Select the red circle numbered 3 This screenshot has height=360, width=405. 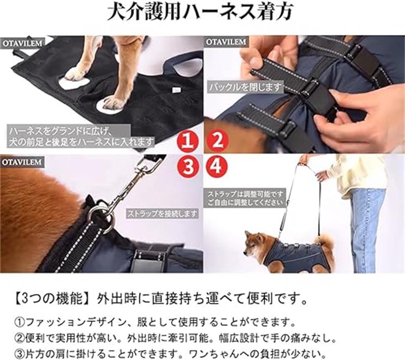coord(188,166)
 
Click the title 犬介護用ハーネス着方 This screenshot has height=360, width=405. coord(200,12)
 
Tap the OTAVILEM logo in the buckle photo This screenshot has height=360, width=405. coord(226,42)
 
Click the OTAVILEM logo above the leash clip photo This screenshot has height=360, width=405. coord(22,162)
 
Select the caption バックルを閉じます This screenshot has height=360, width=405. coord(245,88)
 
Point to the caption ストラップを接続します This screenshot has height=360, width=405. coord(162,214)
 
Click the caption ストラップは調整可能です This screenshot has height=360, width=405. coord(246,194)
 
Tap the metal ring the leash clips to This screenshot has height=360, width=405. coord(99,213)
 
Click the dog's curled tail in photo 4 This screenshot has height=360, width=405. coord(326,239)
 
